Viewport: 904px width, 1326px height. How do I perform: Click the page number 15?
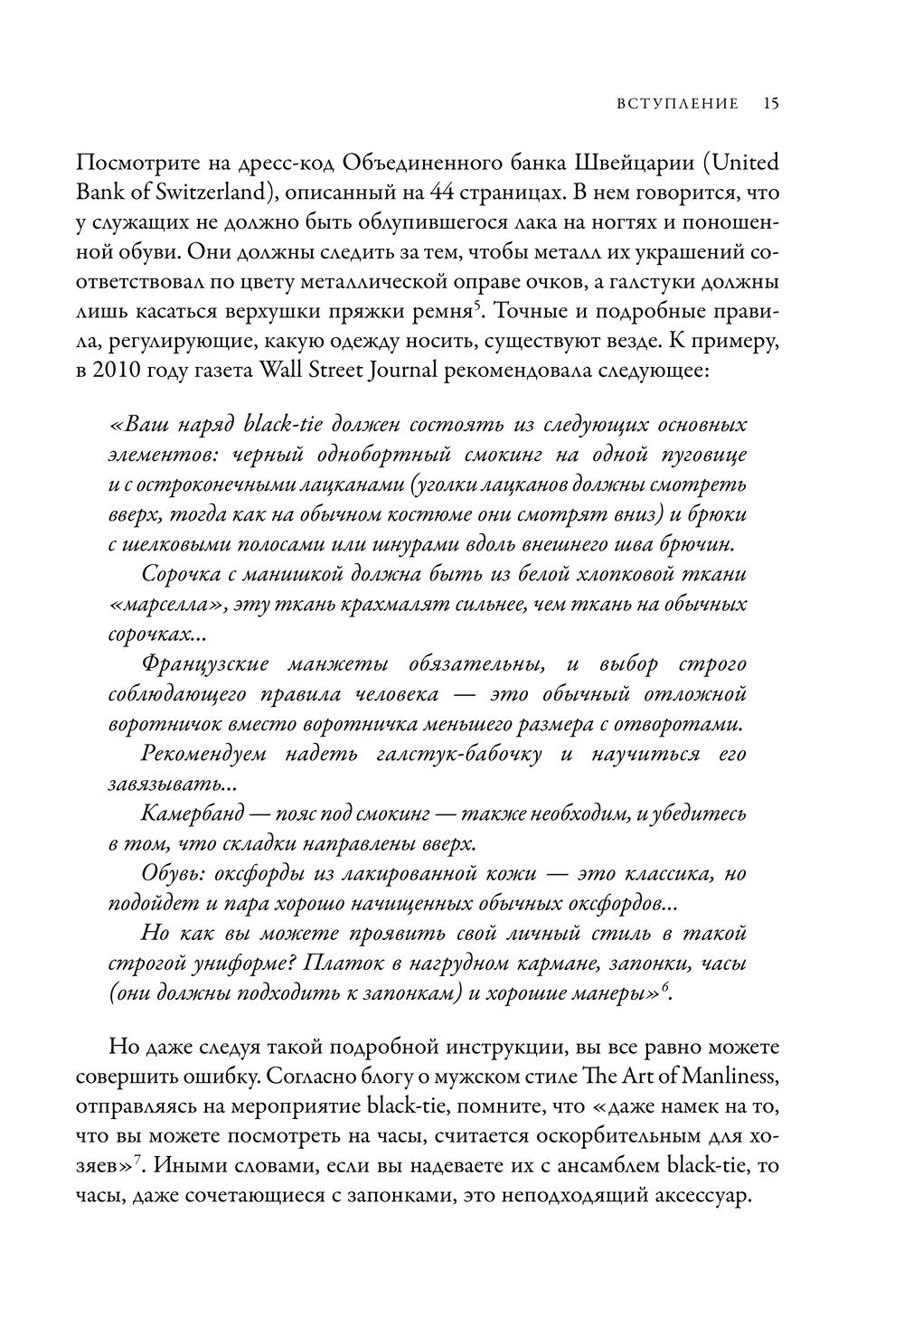click(x=770, y=103)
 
